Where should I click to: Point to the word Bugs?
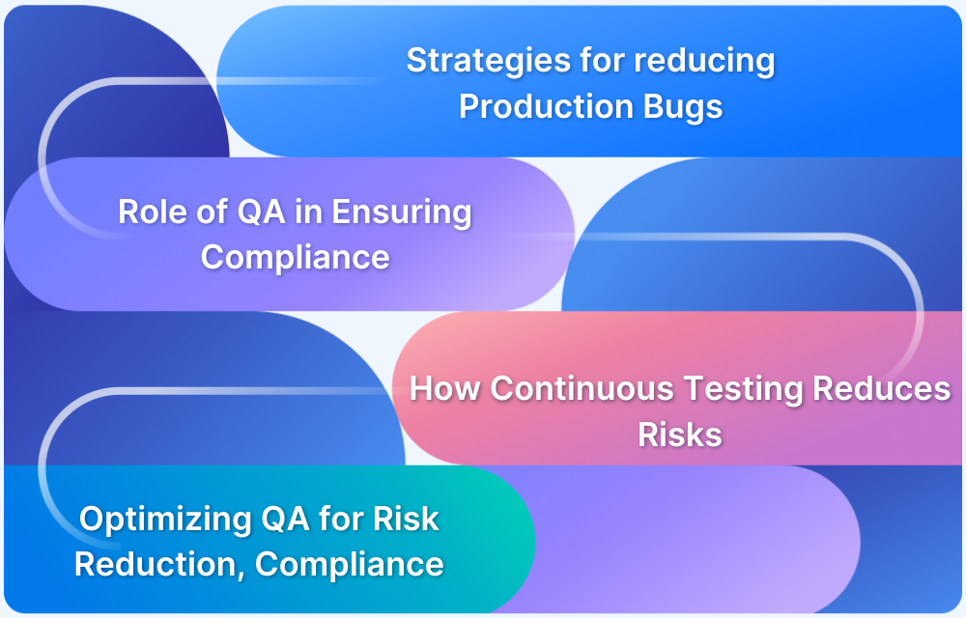[687, 107]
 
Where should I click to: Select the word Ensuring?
[402, 212]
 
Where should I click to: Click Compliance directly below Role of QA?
[295, 258]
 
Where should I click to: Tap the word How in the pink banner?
[445, 388]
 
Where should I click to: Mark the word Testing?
[744, 389]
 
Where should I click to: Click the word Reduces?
[882, 388]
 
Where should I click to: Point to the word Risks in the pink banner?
[679, 435]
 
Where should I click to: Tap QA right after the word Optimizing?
[285, 519]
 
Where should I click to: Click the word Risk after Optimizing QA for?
[406, 519]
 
